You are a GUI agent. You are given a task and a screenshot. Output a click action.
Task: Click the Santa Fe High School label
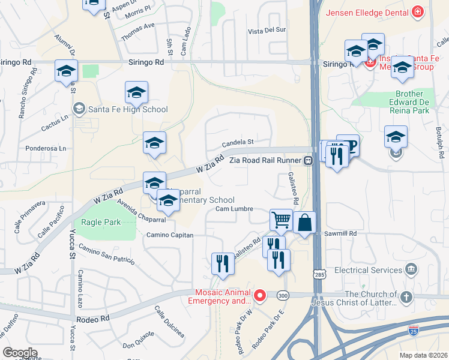127,109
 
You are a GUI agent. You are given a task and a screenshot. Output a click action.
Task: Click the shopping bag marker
305,223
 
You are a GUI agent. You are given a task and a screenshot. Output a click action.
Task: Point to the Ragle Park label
101,222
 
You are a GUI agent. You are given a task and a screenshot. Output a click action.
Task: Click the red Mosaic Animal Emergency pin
260,295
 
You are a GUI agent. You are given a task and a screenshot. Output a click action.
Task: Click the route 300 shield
283,295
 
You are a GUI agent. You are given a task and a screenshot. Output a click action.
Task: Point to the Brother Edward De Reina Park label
413,102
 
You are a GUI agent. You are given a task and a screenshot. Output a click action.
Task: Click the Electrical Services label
368,270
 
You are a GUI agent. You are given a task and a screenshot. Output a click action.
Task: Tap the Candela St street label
238,143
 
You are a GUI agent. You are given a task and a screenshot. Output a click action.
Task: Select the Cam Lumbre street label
235,209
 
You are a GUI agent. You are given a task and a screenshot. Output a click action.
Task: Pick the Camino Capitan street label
170,235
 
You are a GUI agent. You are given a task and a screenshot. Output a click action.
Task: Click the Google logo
20,353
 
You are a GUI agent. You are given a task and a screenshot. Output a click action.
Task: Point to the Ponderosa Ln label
45,148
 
